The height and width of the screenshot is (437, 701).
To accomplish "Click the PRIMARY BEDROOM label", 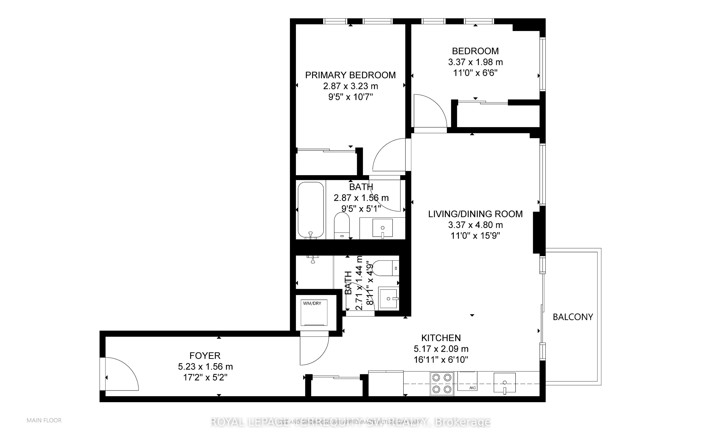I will [350, 75].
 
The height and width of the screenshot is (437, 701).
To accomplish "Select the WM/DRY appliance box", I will [314, 313].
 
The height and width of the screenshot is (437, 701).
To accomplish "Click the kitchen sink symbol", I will [504, 383].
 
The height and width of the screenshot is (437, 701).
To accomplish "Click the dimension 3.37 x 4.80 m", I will [475, 225].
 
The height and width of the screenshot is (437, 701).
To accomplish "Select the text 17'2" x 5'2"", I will [205, 377].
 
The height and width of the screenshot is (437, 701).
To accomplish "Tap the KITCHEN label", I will [441, 338].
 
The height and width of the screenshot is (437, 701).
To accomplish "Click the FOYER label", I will [205, 356].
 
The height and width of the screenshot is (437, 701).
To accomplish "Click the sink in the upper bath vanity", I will [383, 228].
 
